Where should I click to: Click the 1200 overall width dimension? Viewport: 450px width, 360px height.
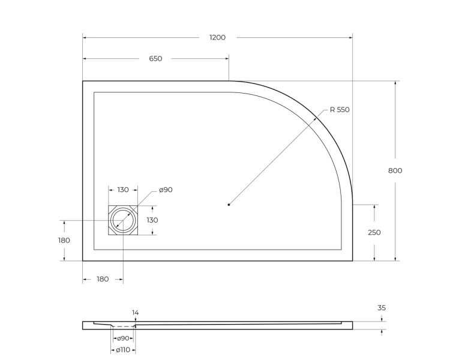pyautogui.click(x=217, y=37)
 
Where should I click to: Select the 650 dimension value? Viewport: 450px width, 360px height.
pyautogui.click(x=155, y=59)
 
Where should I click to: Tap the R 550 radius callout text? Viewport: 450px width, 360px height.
pyautogui.click(x=339, y=110)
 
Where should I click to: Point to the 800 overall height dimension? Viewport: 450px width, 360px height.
pyautogui.click(x=395, y=170)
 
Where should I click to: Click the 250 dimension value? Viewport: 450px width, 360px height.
pyautogui.click(x=374, y=232)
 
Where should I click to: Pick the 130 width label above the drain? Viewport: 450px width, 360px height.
pyautogui.click(x=122, y=190)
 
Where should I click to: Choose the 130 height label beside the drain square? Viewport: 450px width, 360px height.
pyautogui.click(x=152, y=220)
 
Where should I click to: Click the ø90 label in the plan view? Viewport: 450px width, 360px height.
pyautogui.click(x=166, y=190)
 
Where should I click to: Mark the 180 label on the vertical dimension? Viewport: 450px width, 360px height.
pyautogui.click(x=64, y=241)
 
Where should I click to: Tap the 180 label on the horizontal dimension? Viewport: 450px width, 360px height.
pyautogui.click(x=103, y=279)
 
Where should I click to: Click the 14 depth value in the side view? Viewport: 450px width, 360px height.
pyautogui.click(x=135, y=313)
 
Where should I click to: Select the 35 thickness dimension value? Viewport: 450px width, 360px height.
pyautogui.click(x=382, y=308)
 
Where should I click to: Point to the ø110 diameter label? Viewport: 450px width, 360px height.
pyautogui.click(x=124, y=350)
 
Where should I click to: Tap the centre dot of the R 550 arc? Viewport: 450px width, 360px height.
pyautogui.click(x=229, y=205)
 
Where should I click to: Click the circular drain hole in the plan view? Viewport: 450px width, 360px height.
pyautogui.click(x=123, y=220)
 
